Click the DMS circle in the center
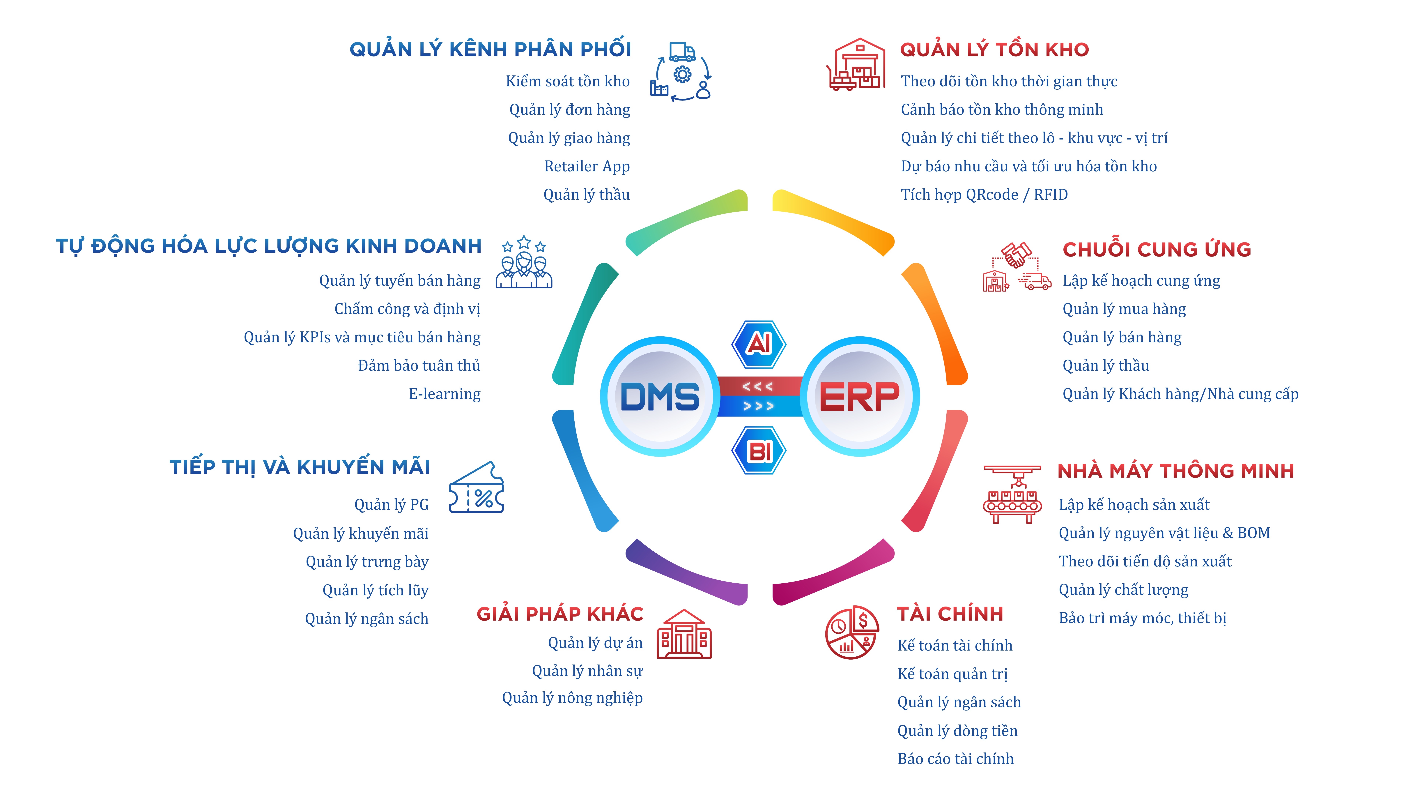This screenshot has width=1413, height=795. coord(660,396)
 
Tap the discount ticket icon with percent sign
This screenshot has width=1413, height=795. coord(476,488)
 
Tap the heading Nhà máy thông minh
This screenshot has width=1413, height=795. coord(1175,471)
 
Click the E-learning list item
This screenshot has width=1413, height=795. coord(444,394)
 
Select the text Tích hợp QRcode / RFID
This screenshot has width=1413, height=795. coord(984,195)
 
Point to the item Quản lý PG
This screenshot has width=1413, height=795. coord(391,505)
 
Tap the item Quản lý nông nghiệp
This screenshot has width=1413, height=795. coord(572,698)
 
